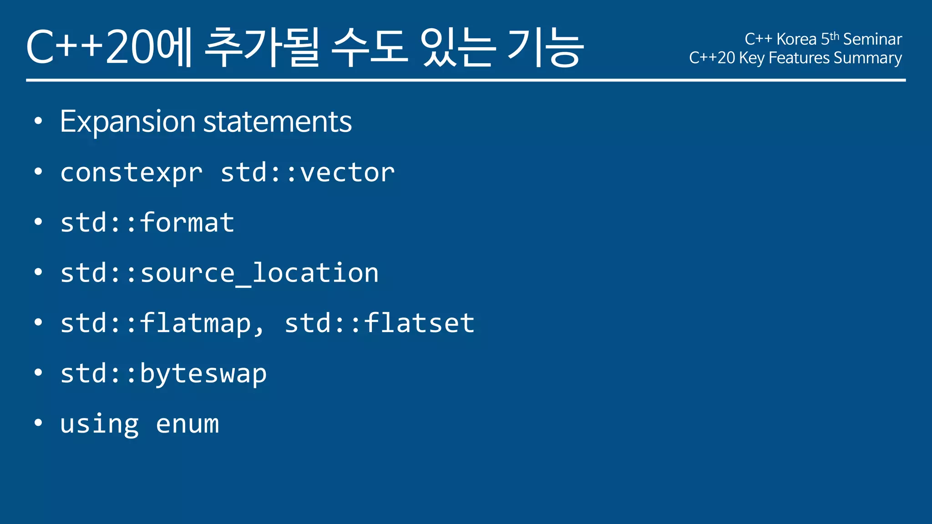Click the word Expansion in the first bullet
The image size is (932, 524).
click(128, 122)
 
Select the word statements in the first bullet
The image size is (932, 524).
click(277, 122)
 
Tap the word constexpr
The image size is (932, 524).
click(131, 173)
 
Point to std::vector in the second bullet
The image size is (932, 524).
click(308, 173)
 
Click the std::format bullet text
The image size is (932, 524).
click(147, 223)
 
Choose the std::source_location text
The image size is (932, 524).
click(219, 274)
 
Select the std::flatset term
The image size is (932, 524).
click(380, 323)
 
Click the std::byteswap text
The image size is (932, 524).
click(163, 374)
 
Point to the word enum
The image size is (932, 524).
click(187, 424)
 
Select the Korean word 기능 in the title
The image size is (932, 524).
click(545, 47)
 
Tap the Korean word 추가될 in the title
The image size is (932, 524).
click(262, 47)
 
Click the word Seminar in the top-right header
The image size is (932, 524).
click(872, 39)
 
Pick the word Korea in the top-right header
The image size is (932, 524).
click(796, 39)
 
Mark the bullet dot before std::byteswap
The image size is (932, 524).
click(38, 373)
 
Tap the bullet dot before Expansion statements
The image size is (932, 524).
click(38, 121)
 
